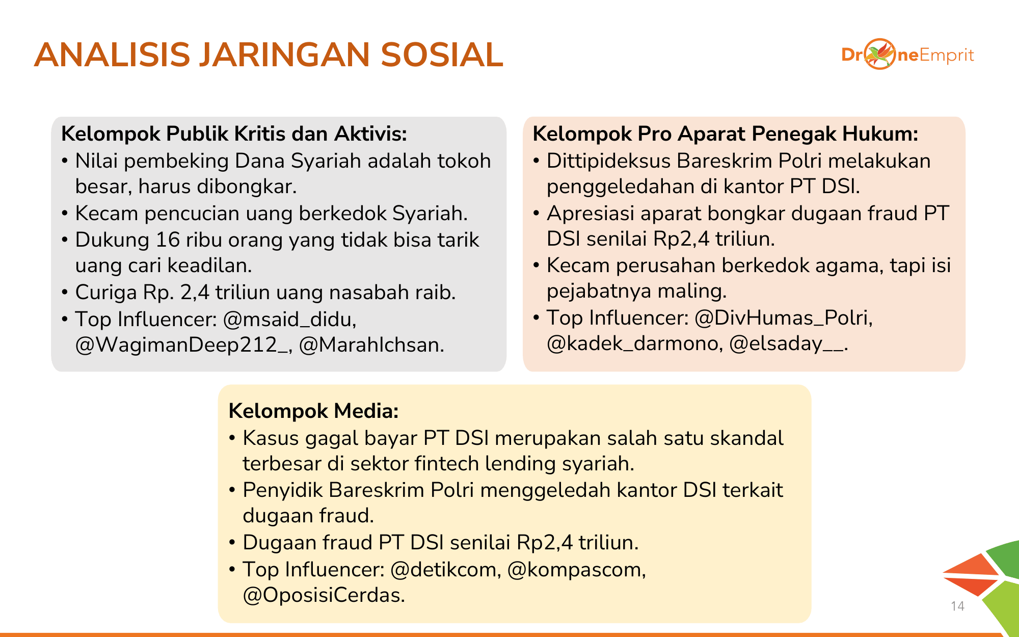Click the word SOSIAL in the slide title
[442, 55]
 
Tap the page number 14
[957, 606]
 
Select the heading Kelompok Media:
[313, 411]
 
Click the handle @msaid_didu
[289, 320]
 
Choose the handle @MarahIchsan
[371, 345]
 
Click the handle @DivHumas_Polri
[783, 318]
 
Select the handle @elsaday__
[788, 343]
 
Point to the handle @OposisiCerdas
[324, 595]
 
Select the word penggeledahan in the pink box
[620, 187]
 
